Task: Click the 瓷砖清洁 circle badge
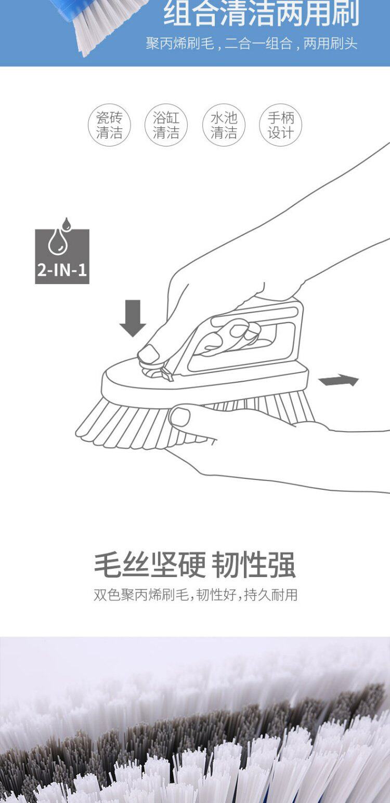click(109, 125)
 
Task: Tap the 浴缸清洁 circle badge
click(166, 125)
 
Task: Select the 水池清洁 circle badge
click(224, 125)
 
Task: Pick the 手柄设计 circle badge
click(281, 125)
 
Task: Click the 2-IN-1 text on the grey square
click(62, 271)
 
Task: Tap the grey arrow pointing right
click(339, 381)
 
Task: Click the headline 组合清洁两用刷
click(262, 15)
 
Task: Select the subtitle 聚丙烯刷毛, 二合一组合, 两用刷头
click(252, 44)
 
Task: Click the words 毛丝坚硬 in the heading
click(150, 566)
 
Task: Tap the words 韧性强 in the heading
click(254, 566)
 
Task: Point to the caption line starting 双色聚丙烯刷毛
click(196, 595)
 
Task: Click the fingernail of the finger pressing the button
click(149, 354)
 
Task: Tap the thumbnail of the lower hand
click(180, 416)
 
